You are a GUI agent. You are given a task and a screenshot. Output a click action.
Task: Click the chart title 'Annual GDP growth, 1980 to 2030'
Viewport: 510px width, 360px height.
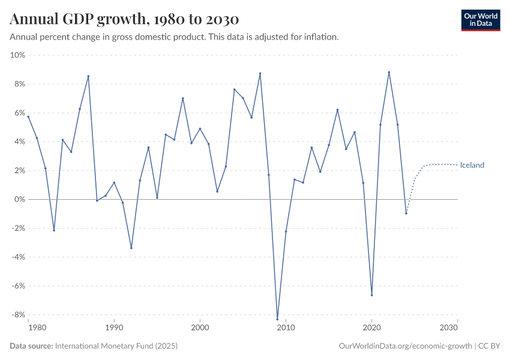(x=124, y=19)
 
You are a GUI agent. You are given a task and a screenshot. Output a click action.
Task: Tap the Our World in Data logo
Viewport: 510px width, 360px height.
(x=480, y=20)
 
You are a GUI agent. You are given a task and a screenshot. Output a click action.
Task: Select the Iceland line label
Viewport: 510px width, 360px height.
(x=472, y=165)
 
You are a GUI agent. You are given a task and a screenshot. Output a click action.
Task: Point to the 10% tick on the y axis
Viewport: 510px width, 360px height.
(x=17, y=55)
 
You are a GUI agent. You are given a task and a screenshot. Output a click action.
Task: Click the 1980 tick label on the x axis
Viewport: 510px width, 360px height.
(x=37, y=328)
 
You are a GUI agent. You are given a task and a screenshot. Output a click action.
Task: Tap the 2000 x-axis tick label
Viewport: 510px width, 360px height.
(x=200, y=328)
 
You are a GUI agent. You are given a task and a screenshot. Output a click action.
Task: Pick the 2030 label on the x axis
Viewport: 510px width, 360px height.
(x=448, y=328)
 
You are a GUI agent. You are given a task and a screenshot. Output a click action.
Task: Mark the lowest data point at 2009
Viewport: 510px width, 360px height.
(x=277, y=319)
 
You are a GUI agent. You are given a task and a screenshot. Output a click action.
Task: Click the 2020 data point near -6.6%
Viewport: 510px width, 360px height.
(x=372, y=295)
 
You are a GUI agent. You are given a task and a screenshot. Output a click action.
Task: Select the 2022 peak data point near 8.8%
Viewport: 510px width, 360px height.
(x=389, y=73)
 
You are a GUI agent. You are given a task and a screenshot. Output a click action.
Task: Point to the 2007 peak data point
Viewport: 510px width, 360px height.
(x=260, y=73)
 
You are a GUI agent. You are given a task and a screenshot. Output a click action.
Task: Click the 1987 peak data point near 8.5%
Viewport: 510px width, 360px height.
(x=88, y=76)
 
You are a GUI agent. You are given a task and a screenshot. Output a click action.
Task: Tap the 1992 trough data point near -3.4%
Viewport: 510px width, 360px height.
(x=131, y=248)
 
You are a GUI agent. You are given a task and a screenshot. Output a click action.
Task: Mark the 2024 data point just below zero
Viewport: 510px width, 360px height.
(x=406, y=213)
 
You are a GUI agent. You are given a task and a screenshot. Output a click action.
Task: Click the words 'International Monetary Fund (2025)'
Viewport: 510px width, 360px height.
(x=116, y=346)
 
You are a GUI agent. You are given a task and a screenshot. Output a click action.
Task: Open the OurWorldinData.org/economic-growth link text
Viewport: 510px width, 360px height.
(x=406, y=346)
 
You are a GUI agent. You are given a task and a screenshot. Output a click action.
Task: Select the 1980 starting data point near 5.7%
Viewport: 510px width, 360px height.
(x=28, y=116)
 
